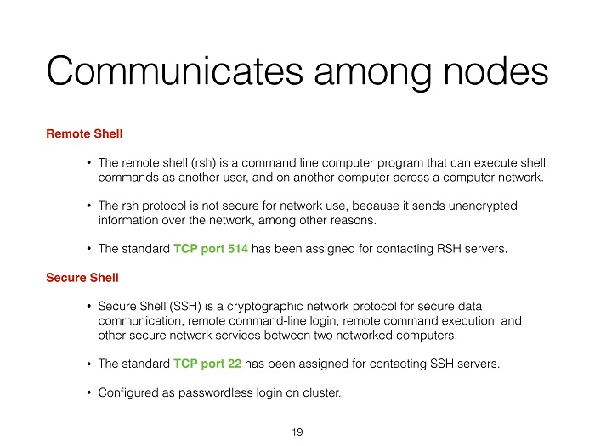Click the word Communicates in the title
(175, 71)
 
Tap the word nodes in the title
(496, 71)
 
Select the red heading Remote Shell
(84, 133)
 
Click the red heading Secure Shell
(82, 277)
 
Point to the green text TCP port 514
(211, 248)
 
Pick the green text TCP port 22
(207, 364)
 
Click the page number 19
(297, 432)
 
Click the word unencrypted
(483, 206)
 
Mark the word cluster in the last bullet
(322, 392)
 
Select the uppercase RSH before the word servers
(449, 248)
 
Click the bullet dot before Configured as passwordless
(88, 392)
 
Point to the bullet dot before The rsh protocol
(88, 206)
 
